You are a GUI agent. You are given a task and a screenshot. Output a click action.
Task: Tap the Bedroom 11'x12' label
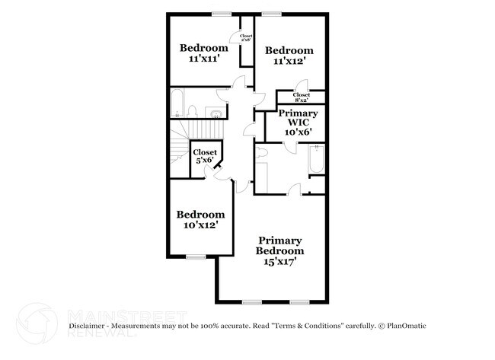pos(289,56)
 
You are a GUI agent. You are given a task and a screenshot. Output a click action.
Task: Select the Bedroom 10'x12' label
pos(200,219)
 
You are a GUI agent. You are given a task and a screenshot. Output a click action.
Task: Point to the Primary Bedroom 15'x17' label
pos(279,250)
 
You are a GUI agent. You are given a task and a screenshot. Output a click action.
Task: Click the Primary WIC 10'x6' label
pos(292,121)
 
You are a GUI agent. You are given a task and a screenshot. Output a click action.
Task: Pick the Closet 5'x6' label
pos(205,155)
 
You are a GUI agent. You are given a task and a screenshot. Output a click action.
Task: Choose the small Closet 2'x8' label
pos(246,38)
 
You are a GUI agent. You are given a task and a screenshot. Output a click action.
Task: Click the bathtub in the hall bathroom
pos(177,104)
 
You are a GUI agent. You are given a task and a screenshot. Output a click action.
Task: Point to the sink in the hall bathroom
pos(216,115)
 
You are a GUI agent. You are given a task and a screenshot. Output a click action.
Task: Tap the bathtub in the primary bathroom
pos(315,159)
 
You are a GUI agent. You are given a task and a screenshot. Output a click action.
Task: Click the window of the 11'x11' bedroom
pos(222,14)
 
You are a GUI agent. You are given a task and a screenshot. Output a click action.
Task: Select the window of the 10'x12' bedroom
pos(196,256)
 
